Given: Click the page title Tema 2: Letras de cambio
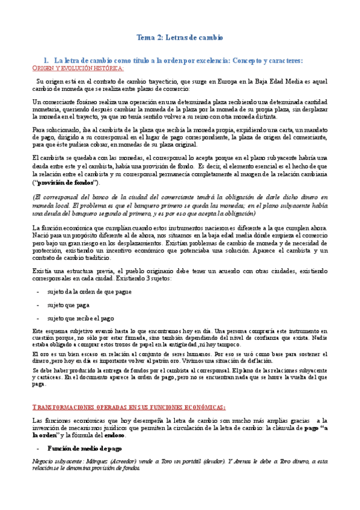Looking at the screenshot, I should (x=180, y=37).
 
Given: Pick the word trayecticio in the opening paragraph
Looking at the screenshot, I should (x=153, y=80).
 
